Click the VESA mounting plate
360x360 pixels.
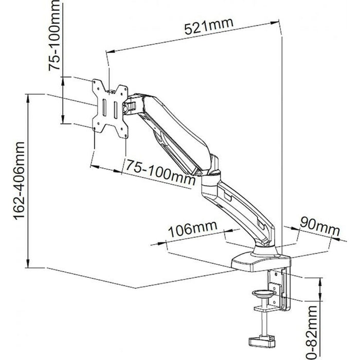(x=109, y=109)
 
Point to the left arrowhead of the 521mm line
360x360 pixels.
(x=109, y=51)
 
